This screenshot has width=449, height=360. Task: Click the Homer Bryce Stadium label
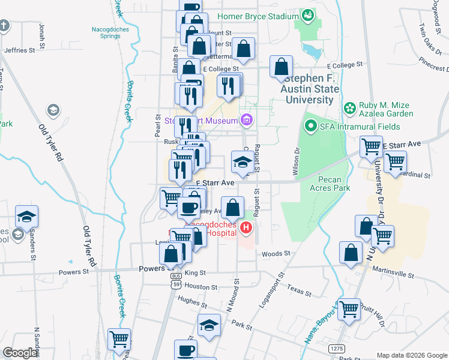(257, 16)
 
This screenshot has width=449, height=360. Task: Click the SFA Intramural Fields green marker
(310, 126)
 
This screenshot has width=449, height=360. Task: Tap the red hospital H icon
(246, 228)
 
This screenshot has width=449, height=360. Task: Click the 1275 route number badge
(337, 348)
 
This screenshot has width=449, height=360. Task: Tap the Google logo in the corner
(20, 353)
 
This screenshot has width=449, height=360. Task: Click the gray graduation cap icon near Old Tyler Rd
(53, 110)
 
